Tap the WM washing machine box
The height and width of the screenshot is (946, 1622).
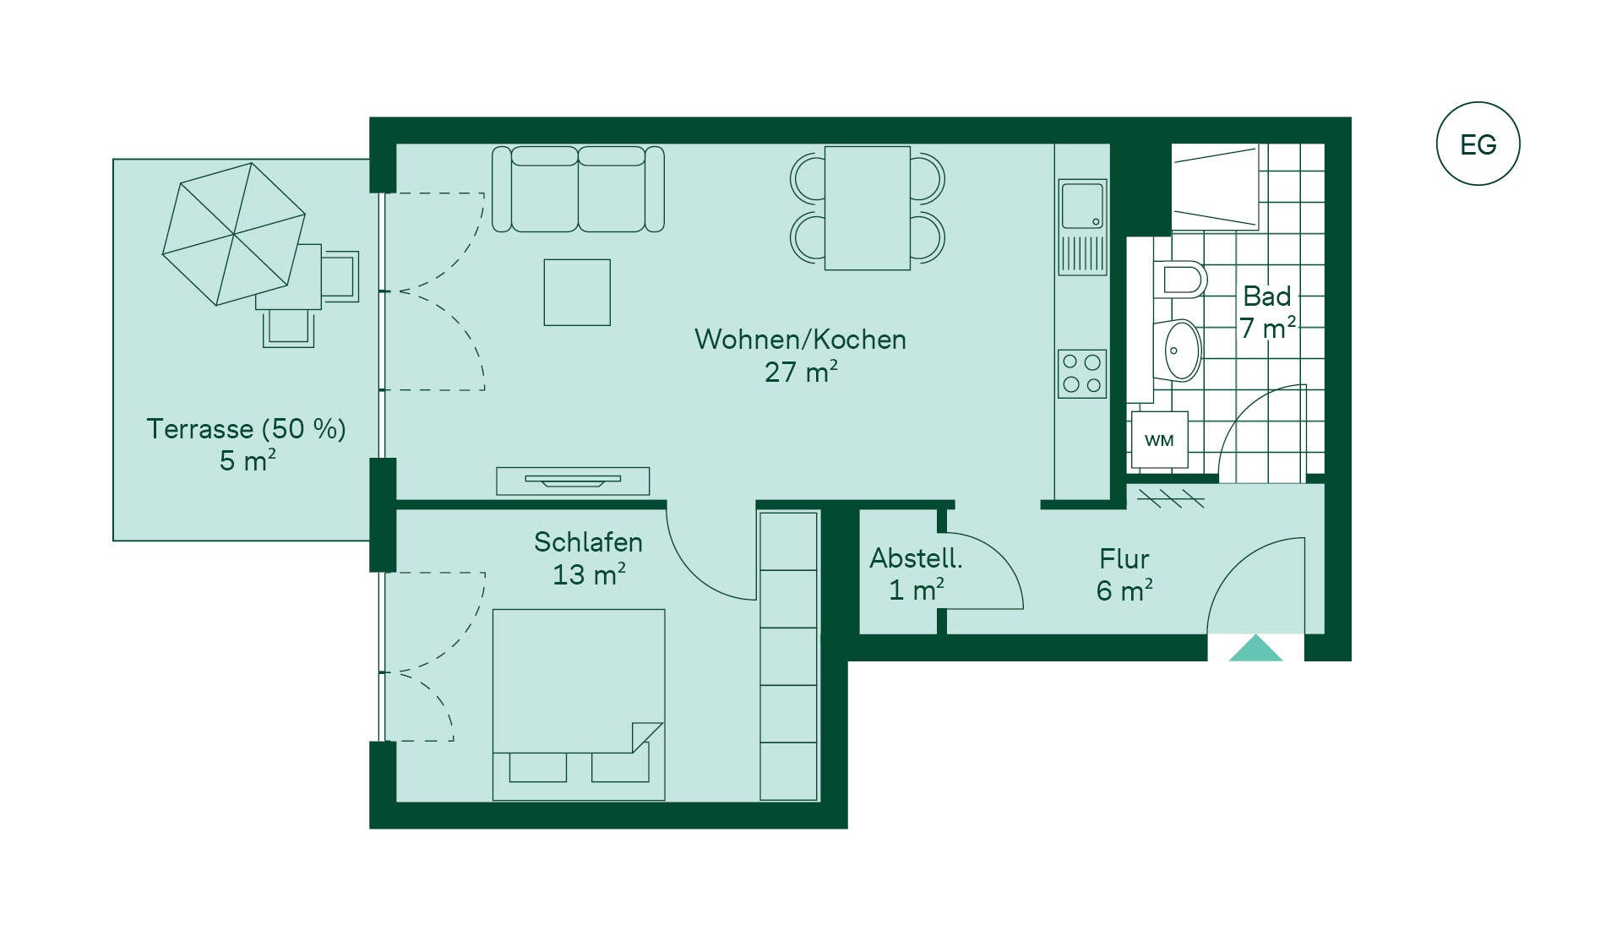pyautogui.click(x=1160, y=440)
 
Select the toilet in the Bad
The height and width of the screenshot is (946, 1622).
pyautogui.click(x=1180, y=280)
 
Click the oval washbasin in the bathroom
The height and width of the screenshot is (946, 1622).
pyautogui.click(x=1182, y=350)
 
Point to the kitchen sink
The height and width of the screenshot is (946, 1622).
pyautogui.click(x=1082, y=227)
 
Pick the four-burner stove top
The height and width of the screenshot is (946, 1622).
pyautogui.click(x=1082, y=373)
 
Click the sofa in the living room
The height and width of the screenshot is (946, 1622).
pyautogui.click(x=578, y=188)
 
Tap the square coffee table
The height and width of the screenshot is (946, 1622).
pyautogui.click(x=577, y=292)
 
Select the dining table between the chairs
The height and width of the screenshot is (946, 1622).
pyautogui.click(x=868, y=208)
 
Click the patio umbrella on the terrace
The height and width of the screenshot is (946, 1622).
pyautogui.click(x=233, y=233)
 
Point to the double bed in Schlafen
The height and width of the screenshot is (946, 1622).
pyautogui.click(x=579, y=704)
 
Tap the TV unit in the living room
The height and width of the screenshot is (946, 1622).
pyautogui.click(x=573, y=481)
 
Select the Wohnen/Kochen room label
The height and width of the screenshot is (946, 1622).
pyautogui.click(x=800, y=340)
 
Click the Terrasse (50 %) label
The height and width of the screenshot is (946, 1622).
pyautogui.click(x=247, y=429)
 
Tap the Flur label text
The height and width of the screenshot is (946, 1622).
pyautogui.click(x=1124, y=559)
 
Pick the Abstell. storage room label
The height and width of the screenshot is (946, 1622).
pyautogui.click(x=916, y=558)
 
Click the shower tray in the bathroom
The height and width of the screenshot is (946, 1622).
pyautogui.click(x=1215, y=188)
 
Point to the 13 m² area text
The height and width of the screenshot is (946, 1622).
pyautogui.click(x=589, y=574)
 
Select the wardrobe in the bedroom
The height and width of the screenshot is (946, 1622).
pyautogui.click(x=789, y=655)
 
